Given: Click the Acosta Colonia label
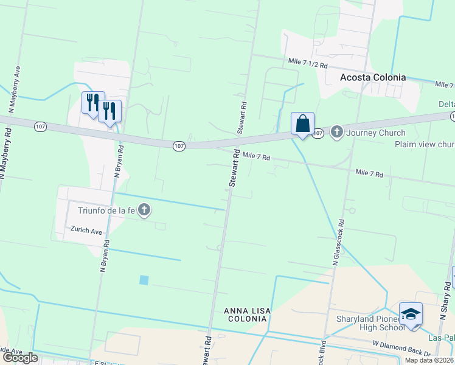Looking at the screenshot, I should pyautogui.click(x=373, y=77).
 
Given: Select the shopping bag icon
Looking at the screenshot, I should pyautogui.click(x=302, y=123).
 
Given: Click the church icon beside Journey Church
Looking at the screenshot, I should pyautogui.click(x=337, y=132).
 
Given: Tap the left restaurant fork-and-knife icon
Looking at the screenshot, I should pyautogui.click(x=93, y=102).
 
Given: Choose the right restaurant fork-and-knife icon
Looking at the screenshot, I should pyautogui.click(x=109, y=110).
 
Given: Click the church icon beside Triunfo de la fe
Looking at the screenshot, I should pyautogui.click(x=144, y=210).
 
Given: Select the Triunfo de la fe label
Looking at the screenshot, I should pyautogui.click(x=106, y=210).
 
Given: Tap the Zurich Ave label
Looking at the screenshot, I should pyautogui.click(x=86, y=231).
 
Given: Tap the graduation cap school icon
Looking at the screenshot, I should pyautogui.click(x=411, y=314).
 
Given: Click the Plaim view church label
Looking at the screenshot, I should pyautogui.click(x=425, y=144).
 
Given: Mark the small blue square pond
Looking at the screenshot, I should pyautogui.click(x=144, y=280).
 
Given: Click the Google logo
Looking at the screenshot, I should pyautogui.click(x=19, y=358).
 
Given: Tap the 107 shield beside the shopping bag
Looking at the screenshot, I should pyautogui.click(x=318, y=133).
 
